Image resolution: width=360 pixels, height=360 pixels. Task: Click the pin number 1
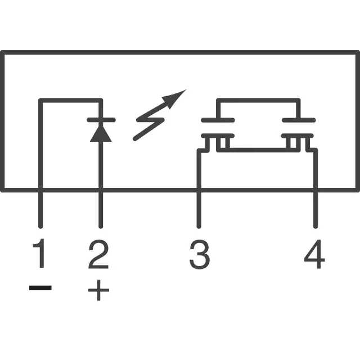[x=39, y=253]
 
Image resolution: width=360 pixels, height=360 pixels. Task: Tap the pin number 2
[x=98, y=254]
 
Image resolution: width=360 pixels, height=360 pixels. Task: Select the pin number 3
[x=200, y=254]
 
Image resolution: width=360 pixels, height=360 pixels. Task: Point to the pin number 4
[x=314, y=254]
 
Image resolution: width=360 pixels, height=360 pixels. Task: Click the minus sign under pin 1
[x=40, y=287]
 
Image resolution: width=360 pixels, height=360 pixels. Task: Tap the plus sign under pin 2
[x=99, y=290]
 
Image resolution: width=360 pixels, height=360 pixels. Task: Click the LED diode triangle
[x=101, y=133]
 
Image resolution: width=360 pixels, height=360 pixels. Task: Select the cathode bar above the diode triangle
[x=101, y=120]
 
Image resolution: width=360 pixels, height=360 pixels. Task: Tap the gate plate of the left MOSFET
[x=218, y=120]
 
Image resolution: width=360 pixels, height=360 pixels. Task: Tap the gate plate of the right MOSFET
[x=299, y=120]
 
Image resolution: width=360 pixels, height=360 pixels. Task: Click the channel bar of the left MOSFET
[x=218, y=136]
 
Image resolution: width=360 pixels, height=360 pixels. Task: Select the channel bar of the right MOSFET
[x=298, y=136]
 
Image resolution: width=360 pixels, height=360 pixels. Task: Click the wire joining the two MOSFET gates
[x=258, y=100]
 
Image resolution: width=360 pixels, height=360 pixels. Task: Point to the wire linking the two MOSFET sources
[x=258, y=150]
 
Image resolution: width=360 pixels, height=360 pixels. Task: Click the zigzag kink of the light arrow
[x=150, y=120]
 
